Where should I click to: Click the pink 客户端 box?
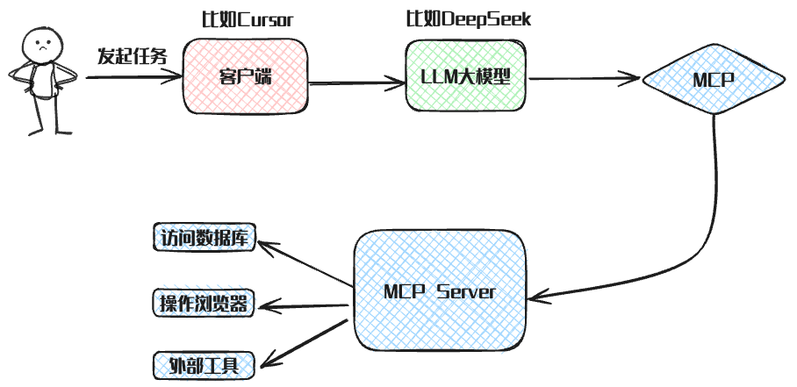point(245,77)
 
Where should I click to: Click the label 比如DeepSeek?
point(467,19)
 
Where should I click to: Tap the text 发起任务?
point(132,57)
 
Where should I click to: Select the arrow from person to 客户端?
point(132,77)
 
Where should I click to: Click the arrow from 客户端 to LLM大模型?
point(355,84)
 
